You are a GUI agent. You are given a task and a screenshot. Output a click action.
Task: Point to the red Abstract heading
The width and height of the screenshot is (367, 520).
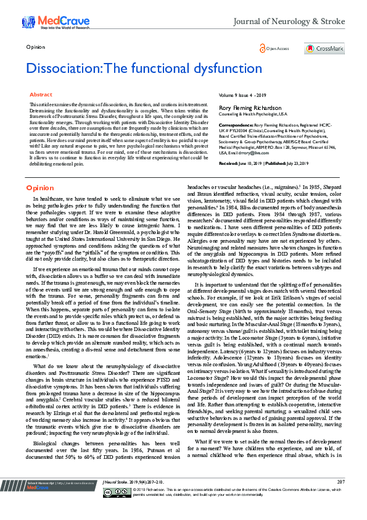coord(41,94)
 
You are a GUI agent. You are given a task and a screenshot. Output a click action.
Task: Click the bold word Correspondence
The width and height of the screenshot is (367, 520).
coord(237,124)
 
